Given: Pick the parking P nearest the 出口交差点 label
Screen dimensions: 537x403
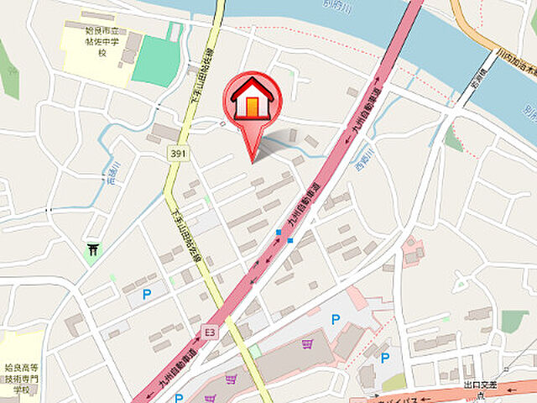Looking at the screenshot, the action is coord(385,358).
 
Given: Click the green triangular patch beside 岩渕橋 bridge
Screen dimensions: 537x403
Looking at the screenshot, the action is coord(453,139).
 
